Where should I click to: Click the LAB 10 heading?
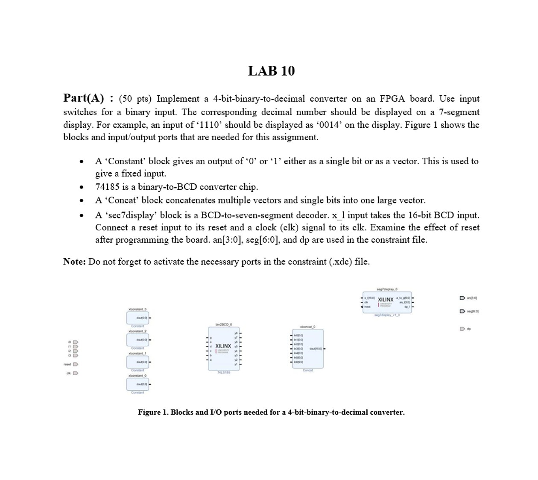(x=271, y=71)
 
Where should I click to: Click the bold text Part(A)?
(x=83, y=98)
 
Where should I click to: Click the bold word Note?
(x=74, y=262)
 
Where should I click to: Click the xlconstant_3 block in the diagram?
(x=137, y=318)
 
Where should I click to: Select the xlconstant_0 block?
(x=137, y=384)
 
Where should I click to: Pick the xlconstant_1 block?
(x=137, y=362)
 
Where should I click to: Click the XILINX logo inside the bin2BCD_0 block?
(x=223, y=346)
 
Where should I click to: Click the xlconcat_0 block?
(x=307, y=349)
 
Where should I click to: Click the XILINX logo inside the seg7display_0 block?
(x=386, y=300)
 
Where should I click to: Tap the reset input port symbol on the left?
(x=76, y=365)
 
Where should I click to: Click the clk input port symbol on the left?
(x=76, y=373)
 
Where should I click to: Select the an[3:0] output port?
(x=462, y=298)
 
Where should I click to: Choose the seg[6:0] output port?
(x=462, y=311)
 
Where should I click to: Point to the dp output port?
(x=462, y=329)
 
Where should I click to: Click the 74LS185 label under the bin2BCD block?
(x=223, y=373)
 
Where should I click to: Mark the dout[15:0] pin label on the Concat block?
(x=316, y=349)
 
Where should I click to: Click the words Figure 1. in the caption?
(x=153, y=412)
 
